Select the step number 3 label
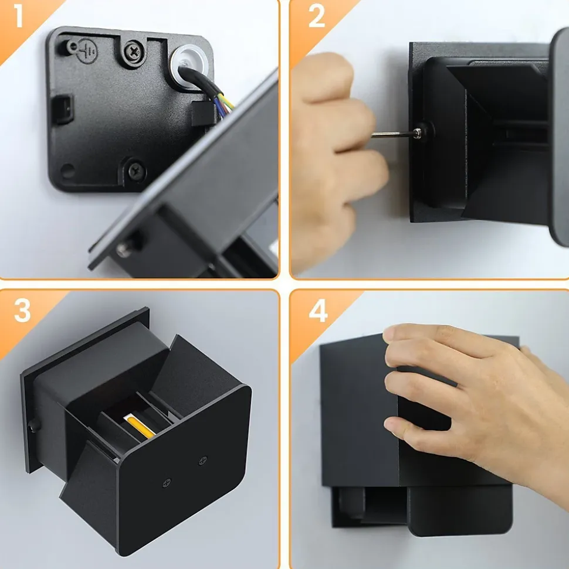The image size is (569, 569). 22,311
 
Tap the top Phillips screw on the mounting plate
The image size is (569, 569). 134,52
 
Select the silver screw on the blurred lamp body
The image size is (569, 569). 124,250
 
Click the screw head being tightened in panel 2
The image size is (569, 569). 419,133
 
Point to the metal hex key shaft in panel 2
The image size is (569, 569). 392,135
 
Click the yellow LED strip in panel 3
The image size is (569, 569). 141,427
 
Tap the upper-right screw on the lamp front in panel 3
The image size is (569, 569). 203,461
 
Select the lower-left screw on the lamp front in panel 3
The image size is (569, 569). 167,483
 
